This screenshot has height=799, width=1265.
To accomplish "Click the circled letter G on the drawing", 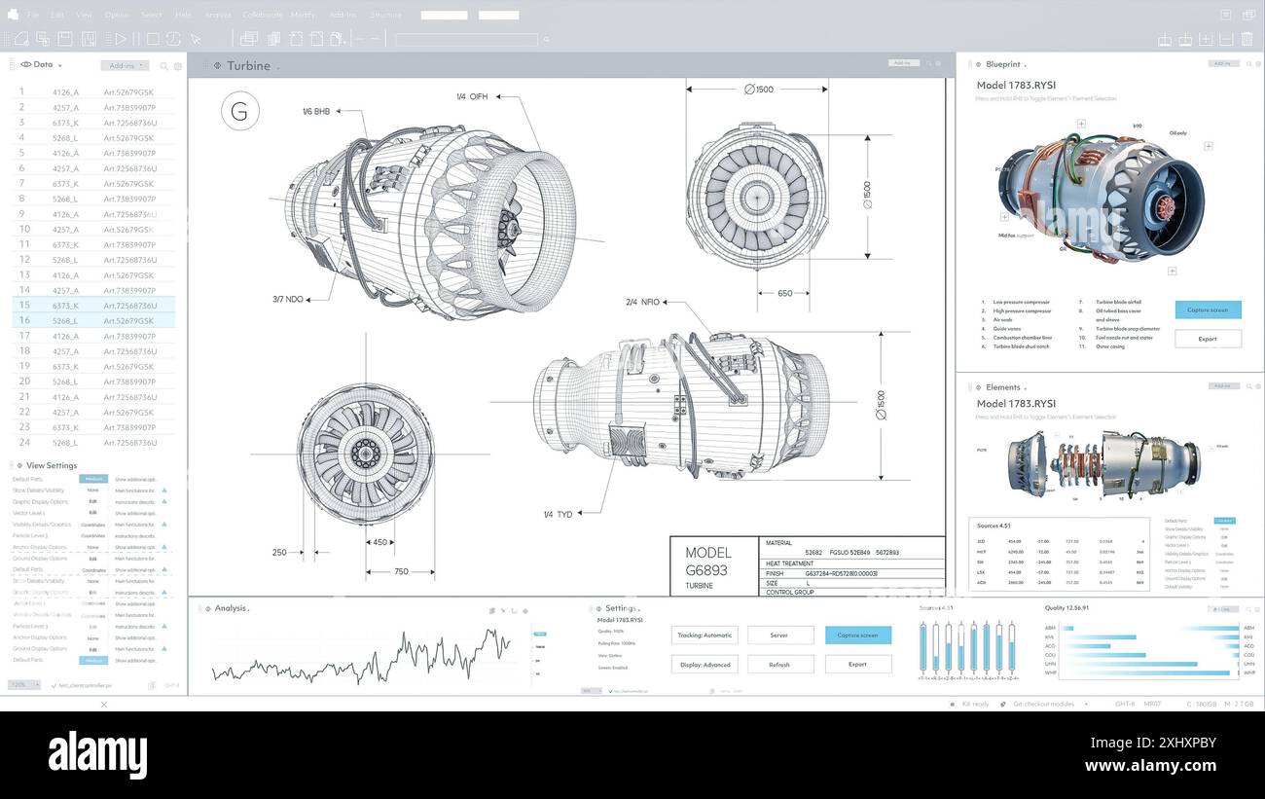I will point(239,111).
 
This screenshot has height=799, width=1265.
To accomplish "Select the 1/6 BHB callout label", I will point(315,111).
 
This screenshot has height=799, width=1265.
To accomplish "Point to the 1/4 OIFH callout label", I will point(472,96).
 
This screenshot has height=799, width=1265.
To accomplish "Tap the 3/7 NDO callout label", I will point(288,299).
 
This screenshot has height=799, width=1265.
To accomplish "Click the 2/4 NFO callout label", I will point(642,302).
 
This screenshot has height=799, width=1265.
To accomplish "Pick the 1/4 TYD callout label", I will point(558,514).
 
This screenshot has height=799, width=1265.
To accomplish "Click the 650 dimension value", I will point(784,293).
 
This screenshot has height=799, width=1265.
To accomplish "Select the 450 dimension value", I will point(379,542).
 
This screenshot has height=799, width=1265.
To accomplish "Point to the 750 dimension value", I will point(401,571).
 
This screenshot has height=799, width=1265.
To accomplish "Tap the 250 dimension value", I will point(279,552).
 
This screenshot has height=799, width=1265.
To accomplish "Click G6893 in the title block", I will point(706,569).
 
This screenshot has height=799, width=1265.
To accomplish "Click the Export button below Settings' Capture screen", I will point(857,664).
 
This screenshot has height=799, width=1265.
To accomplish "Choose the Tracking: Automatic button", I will point(705,635).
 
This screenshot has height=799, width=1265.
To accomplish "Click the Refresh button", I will point(779,664).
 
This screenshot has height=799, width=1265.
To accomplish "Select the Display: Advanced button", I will point(705,664).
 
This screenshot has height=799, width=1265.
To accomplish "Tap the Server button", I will point(779,635).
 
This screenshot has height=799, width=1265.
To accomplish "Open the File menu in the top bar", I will point(33,15).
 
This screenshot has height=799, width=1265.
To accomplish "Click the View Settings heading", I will point(52,465).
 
